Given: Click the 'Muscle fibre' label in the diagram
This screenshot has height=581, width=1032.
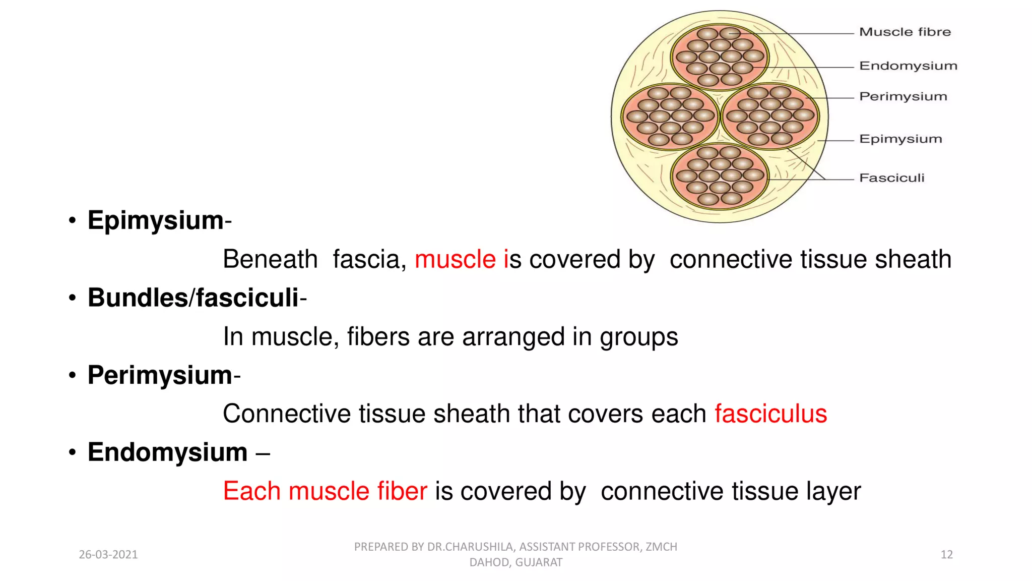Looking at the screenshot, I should click(x=905, y=32).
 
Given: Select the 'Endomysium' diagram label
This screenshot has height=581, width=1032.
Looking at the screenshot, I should click(x=908, y=66).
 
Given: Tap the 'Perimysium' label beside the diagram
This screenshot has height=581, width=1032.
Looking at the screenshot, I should click(x=903, y=96).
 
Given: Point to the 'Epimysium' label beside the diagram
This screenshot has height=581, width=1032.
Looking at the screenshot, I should click(x=900, y=139).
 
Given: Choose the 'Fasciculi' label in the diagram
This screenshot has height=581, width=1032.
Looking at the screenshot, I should click(x=891, y=178).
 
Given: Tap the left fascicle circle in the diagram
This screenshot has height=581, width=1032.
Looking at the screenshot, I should click(x=670, y=117).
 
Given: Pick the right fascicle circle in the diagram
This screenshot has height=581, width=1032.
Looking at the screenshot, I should click(x=770, y=117).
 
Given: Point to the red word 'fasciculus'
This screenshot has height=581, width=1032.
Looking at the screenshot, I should click(x=770, y=414).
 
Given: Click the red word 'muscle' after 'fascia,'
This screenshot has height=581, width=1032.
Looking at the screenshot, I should click(x=455, y=259).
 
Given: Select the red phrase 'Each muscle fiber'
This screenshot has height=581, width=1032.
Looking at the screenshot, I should click(x=325, y=491).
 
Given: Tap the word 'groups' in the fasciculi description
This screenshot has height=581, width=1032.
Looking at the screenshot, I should click(x=638, y=336).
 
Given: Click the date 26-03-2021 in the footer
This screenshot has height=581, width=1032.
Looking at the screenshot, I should click(x=108, y=555).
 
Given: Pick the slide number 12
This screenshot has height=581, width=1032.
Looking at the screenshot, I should click(x=946, y=555).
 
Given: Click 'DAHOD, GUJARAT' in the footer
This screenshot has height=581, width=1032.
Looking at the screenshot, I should click(x=515, y=562).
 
